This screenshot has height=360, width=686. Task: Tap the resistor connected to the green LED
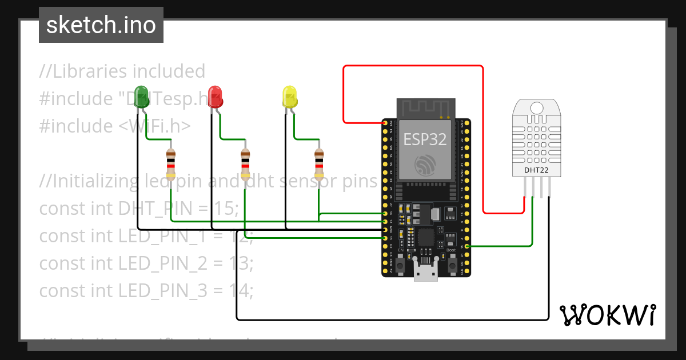170,164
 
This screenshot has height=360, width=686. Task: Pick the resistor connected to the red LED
245,164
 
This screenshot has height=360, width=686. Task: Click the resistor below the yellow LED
319,164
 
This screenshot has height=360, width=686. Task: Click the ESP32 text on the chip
425,139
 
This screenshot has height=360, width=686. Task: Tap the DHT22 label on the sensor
537,170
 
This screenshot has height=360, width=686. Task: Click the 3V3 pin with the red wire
384,123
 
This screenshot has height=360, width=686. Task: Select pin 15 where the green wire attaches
468,246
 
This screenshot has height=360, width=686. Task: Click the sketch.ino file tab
101,25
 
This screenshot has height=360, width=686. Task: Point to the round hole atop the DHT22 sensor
537,107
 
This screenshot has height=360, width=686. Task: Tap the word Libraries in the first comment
90,71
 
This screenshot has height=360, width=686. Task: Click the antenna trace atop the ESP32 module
426,107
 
